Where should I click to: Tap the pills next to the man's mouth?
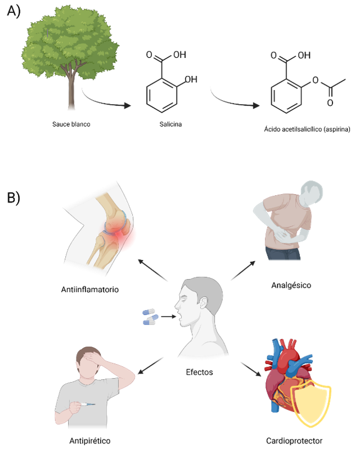click(150, 316)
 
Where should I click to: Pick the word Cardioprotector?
click(295, 441)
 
